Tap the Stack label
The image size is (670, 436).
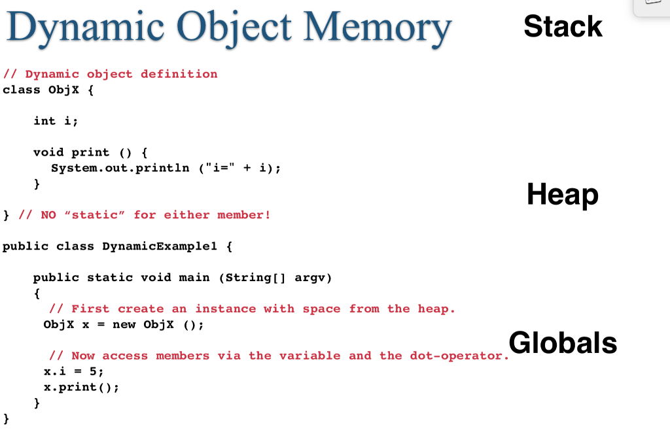point(563,26)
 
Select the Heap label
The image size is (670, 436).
point(562,194)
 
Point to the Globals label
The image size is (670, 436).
point(563,343)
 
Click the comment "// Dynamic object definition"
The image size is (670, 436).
point(110,74)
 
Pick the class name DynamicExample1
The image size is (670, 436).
point(160,246)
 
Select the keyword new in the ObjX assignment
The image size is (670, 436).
point(124,325)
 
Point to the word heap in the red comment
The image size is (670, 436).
point(436,309)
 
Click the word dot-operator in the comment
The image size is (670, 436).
point(458,356)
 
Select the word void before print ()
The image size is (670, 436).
point(48,152)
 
